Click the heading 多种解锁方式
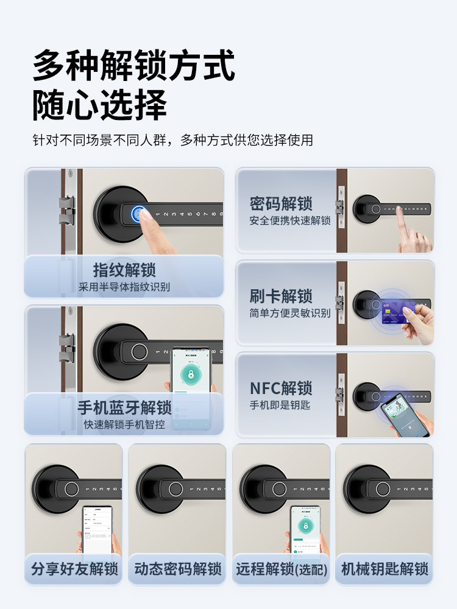coord(133,66)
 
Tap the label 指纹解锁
coord(124,270)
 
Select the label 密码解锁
coord(281,203)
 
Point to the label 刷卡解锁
coord(281,297)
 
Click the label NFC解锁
coord(281,388)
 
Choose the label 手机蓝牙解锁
coord(124,407)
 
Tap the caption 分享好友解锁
coord(74,569)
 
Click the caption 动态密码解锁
coord(177,569)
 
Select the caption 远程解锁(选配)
coord(282,569)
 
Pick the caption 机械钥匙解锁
coord(384,569)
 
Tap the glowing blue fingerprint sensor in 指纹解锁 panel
coord(140,214)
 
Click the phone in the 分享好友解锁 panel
coord(97,530)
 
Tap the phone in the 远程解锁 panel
coord(305,530)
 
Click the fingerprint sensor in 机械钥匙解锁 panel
coord(382,489)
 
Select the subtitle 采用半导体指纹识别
coord(124,287)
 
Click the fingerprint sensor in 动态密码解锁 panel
coord(175,489)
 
